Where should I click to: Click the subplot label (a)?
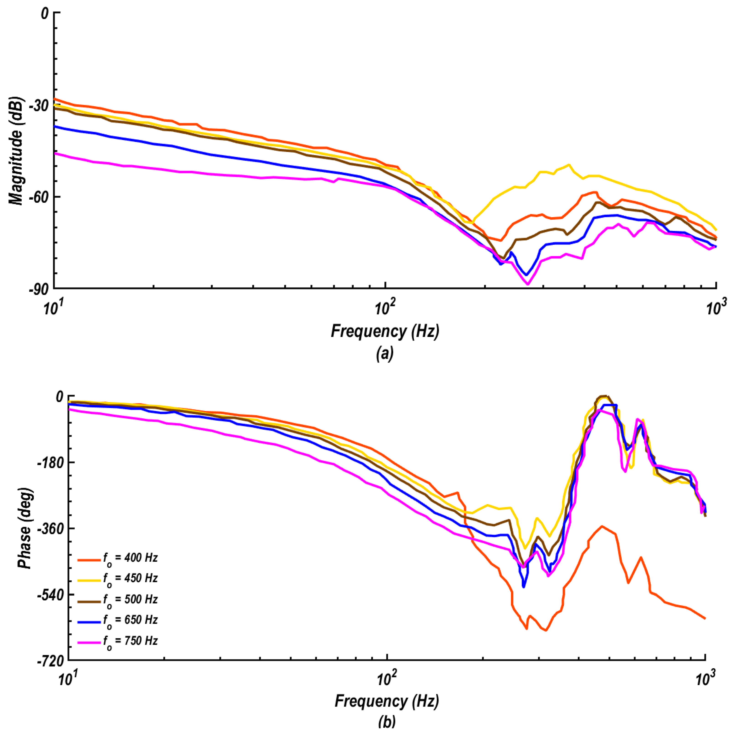384,354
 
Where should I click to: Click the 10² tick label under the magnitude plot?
385,308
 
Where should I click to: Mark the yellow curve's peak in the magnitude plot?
569,165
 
